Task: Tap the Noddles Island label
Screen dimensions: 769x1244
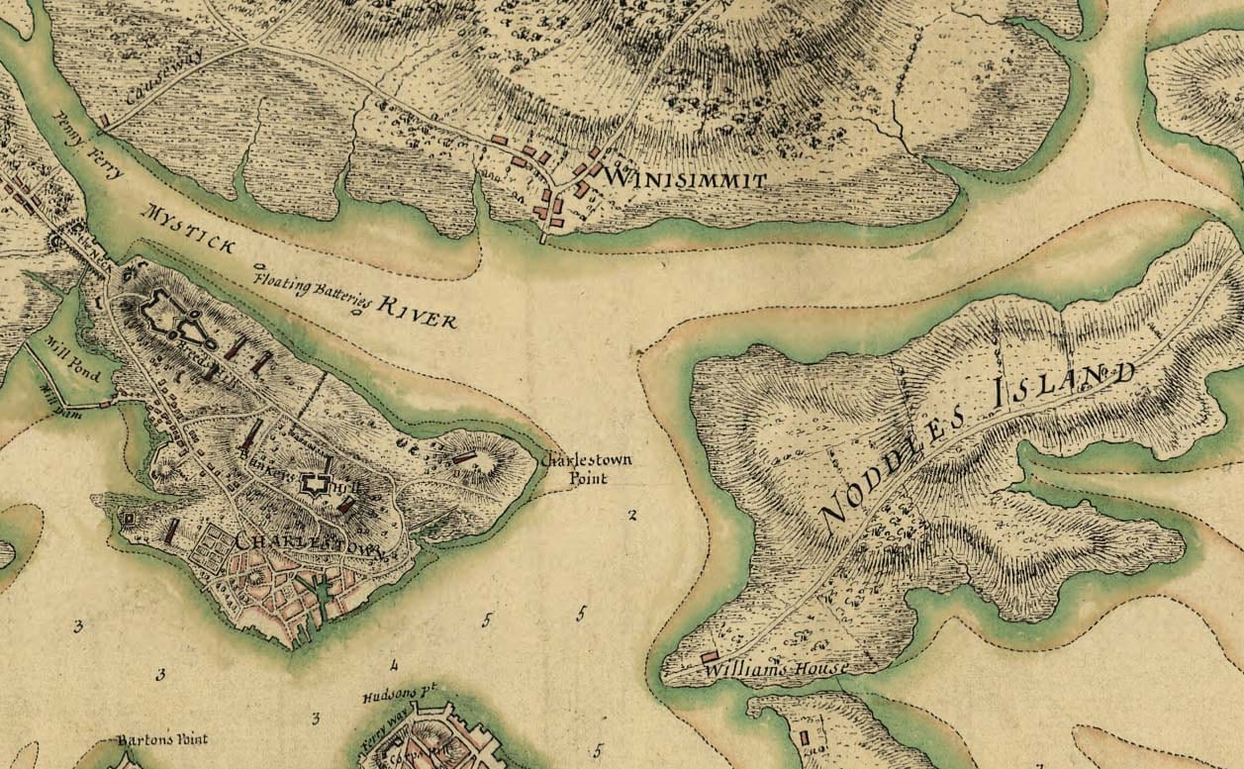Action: click(x=975, y=443)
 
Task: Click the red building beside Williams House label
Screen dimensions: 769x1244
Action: click(x=710, y=657)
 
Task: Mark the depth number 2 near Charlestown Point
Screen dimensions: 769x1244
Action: click(x=631, y=514)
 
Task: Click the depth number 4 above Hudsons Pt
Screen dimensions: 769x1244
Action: click(x=393, y=664)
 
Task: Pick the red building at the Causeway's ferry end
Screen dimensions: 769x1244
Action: click(x=103, y=121)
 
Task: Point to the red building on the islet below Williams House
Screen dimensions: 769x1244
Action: click(x=803, y=736)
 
